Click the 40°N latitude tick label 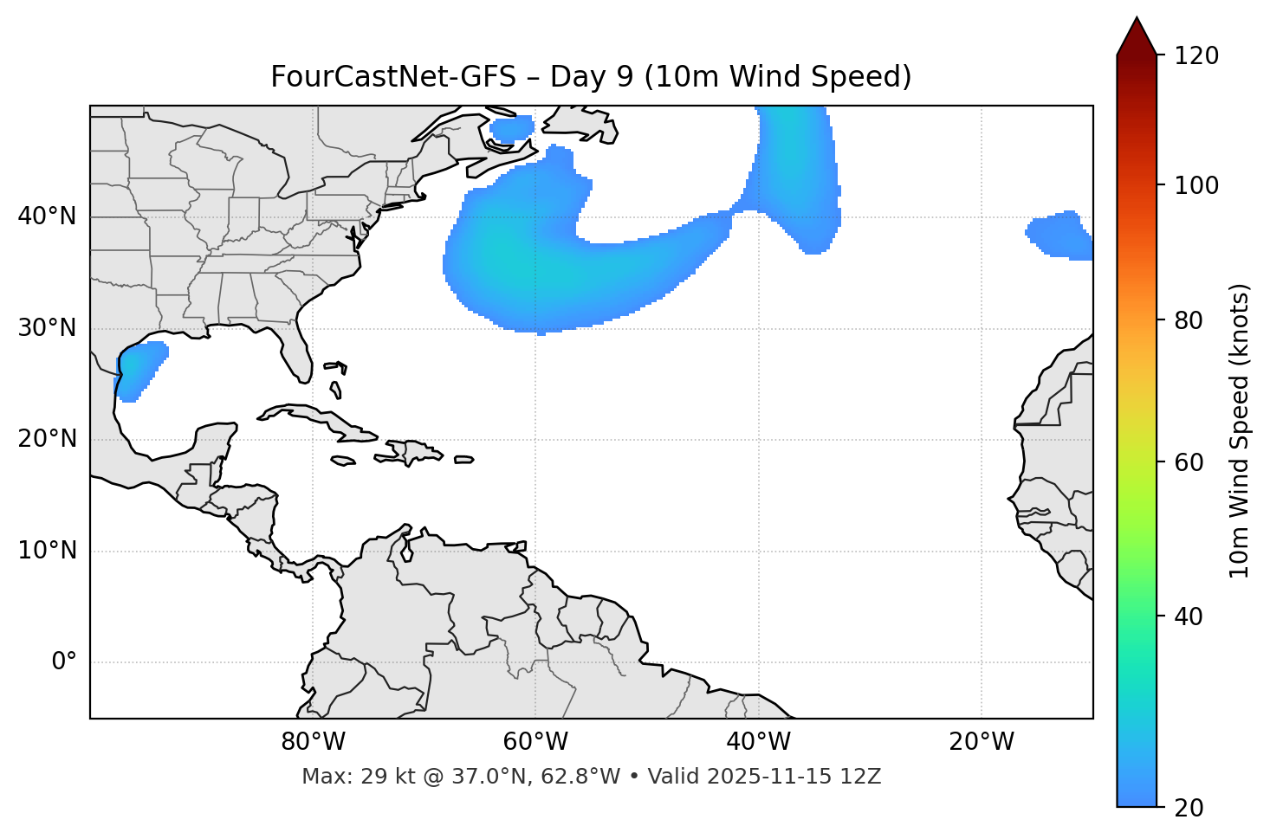[47, 216]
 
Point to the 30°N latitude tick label [47, 328]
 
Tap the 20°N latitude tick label [47, 439]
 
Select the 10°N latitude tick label [47, 551]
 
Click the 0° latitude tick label [64, 662]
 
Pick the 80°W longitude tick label [313, 742]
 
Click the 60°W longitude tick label [535, 742]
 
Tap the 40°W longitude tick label [758, 742]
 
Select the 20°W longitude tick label [982, 742]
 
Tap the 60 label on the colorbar [1188, 462]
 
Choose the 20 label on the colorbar [1188, 808]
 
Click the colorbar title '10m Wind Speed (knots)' [1240, 431]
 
